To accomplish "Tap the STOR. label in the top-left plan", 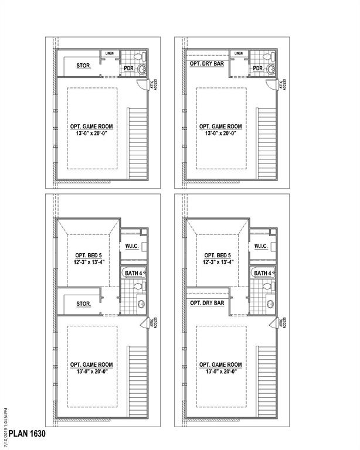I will [83, 66].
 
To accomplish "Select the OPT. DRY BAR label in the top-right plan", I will [206, 63].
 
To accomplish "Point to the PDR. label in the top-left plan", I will [129, 69].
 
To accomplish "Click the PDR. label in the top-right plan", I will [257, 69].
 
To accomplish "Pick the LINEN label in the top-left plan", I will [110, 54].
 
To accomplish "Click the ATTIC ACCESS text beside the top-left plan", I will [155, 84].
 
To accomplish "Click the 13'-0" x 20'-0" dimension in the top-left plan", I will [93, 133].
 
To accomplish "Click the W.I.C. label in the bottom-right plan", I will [261, 246].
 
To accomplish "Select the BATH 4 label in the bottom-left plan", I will [133, 274].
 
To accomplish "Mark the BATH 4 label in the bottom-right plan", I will [262, 274].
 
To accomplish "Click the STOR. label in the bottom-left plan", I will [83, 304].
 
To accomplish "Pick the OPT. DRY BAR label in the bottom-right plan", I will [207, 304].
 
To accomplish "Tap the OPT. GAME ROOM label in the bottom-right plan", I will [220, 364].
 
